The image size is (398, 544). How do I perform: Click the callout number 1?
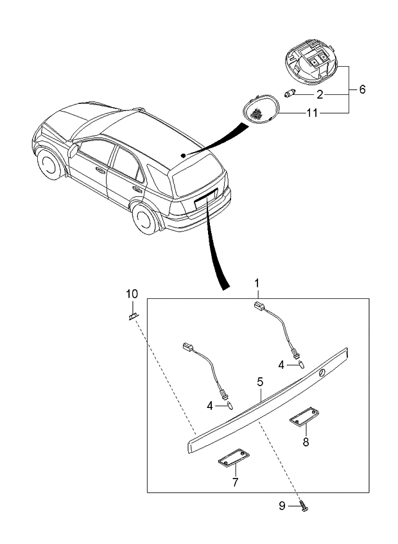(x=257, y=283)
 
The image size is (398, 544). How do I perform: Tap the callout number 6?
(x=362, y=90)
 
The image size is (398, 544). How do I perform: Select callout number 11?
(x=312, y=113)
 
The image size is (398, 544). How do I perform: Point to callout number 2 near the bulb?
(x=320, y=94)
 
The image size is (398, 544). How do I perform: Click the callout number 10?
(x=132, y=294)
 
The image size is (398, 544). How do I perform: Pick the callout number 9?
(x=282, y=506)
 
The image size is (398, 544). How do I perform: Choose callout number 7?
(x=235, y=482)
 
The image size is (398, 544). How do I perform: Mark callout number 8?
(x=306, y=441)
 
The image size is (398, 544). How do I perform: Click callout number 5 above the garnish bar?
(x=260, y=382)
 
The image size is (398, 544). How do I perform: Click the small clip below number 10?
(x=134, y=315)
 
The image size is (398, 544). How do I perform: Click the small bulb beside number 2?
(x=290, y=95)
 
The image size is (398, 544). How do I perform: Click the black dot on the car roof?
(x=183, y=155)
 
